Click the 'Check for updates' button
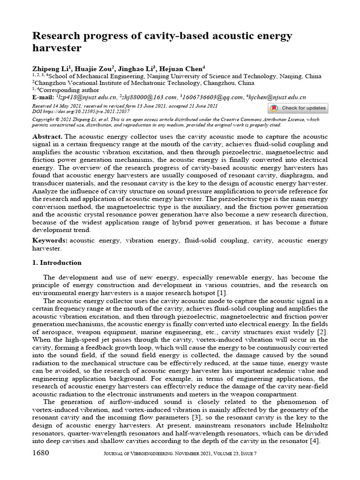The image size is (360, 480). pos(298,108)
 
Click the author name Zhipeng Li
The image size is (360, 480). pos(50,68)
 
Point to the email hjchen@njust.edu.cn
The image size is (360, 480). pos(277,97)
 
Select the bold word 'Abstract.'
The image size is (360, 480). pos(47,135)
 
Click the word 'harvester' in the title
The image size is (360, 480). pos(56,48)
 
